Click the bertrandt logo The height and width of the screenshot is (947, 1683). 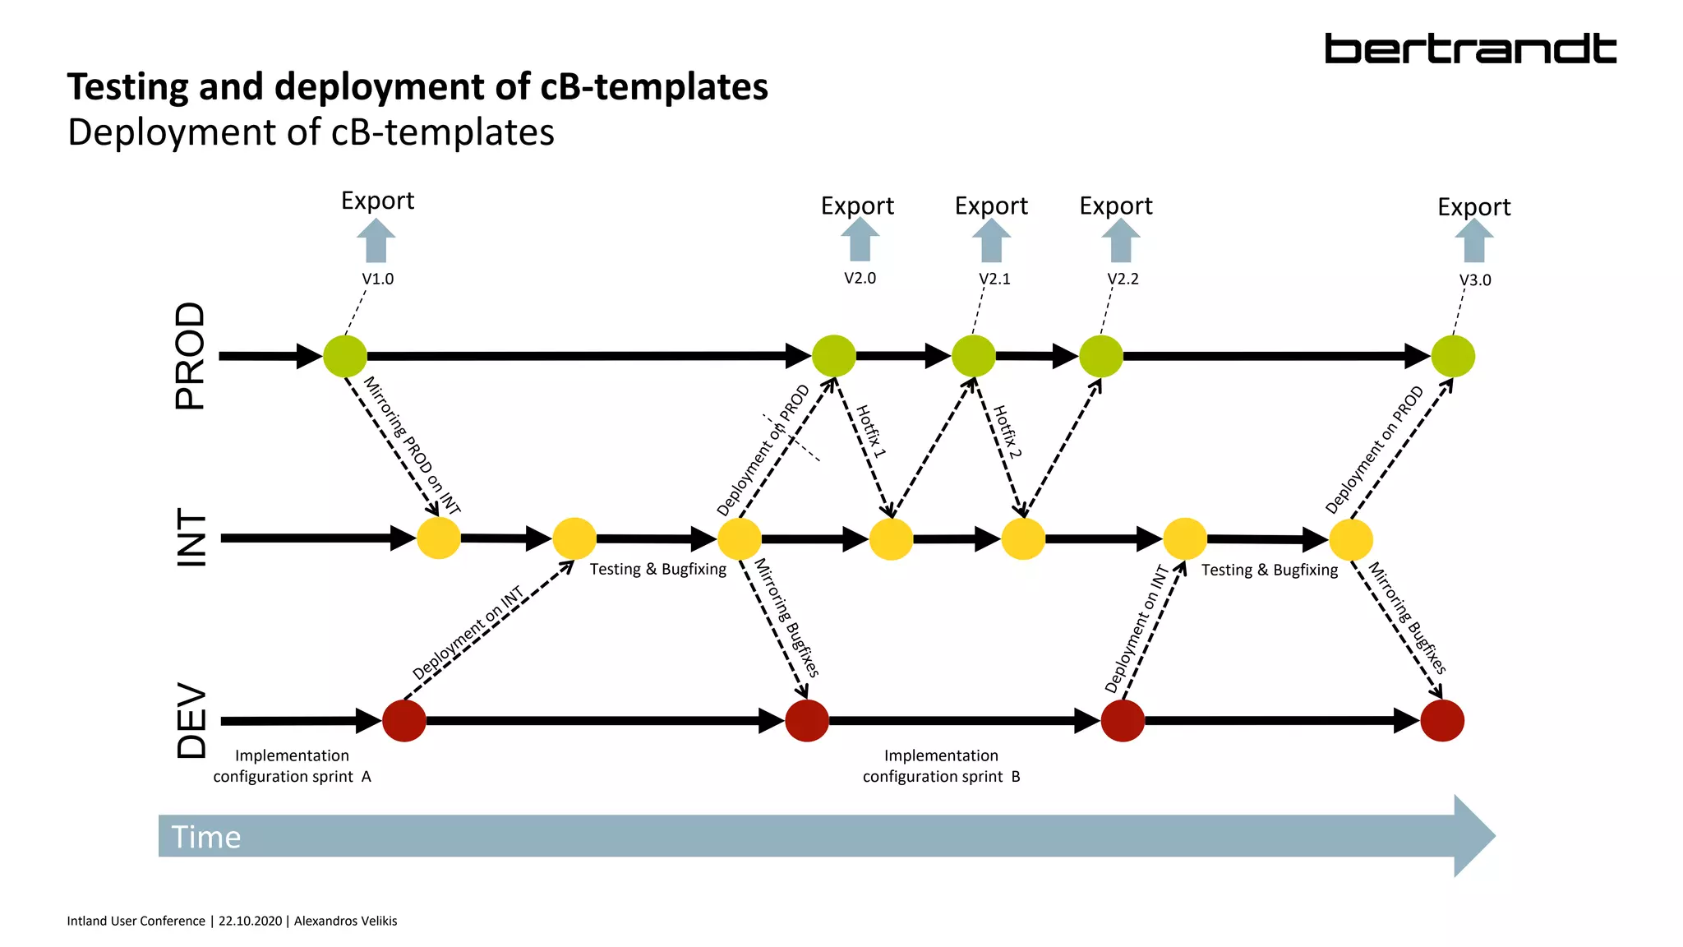click(1470, 49)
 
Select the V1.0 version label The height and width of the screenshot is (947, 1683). click(378, 279)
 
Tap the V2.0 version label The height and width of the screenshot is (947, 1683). click(860, 278)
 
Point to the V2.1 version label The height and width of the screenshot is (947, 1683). click(994, 279)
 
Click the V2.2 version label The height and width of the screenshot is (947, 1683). click(1123, 279)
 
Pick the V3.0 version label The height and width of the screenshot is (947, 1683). click(1475, 280)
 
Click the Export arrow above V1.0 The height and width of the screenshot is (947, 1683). click(376, 241)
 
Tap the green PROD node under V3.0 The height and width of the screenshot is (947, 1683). click(1453, 357)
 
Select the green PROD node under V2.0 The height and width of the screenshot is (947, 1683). click(834, 357)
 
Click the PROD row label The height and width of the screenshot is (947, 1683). click(191, 355)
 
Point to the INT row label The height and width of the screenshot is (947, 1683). click(192, 538)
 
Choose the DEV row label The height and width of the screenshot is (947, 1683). click(192, 720)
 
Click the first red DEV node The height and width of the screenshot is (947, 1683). click(404, 721)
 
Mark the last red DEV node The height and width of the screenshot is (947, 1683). click(1442, 721)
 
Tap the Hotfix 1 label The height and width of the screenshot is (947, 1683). click(871, 432)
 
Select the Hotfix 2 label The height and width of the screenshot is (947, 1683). click(1007, 432)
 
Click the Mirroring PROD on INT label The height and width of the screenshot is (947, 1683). click(412, 446)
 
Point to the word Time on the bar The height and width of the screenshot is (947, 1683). click(206, 837)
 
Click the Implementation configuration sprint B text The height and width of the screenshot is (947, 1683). click(941, 766)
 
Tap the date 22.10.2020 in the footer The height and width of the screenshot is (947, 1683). click(250, 921)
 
